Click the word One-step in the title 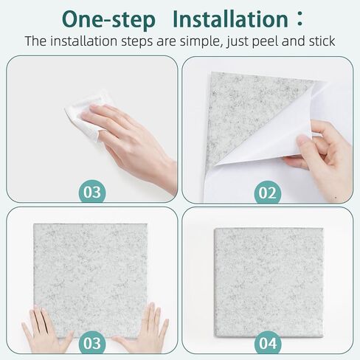coord(110,18)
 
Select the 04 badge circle coord(268,344)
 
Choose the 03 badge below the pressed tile coord(92,344)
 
